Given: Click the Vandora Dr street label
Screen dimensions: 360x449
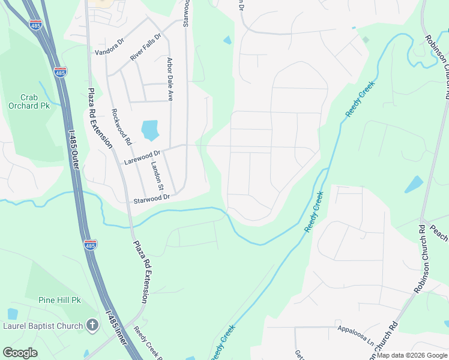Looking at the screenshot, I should click(x=109, y=53).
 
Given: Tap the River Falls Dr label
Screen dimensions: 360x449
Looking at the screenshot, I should click(x=146, y=47).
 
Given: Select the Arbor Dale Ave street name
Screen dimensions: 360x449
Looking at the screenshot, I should click(x=170, y=79).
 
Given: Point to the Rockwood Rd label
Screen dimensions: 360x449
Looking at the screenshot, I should click(x=121, y=127).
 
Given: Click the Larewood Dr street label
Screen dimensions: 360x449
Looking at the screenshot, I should click(x=143, y=158).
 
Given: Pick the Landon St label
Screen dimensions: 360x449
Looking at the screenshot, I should click(x=157, y=176).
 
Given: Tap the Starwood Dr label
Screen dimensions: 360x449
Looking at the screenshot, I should click(x=152, y=197).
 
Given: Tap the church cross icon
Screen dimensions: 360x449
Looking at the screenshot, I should click(x=92, y=325).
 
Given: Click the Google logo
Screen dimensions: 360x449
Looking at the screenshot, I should click(x=20, y=353).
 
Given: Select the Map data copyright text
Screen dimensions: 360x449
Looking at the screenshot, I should click(x=412, y=355).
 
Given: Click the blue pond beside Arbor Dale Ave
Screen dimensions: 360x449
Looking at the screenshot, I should click(x=149, y=129).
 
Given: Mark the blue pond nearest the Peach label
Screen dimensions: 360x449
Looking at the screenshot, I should click(x=414, y=184).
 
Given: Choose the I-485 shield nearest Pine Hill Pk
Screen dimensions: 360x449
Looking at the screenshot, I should click(x=89, y=245).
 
